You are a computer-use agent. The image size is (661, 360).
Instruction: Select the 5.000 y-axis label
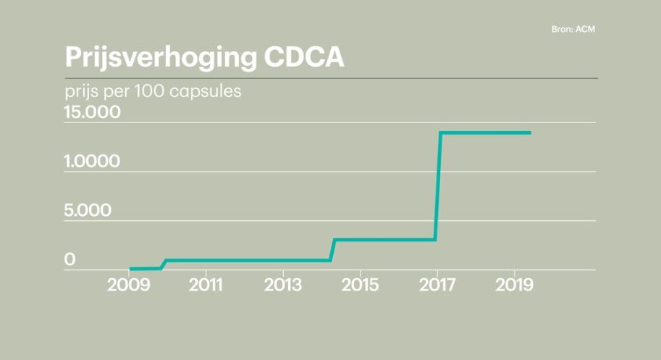tap(88, 211)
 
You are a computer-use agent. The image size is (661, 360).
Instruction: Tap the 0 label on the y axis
tap(70, 259)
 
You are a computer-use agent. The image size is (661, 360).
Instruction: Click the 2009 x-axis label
tap(129, 284)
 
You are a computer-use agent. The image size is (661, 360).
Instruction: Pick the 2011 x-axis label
tap(206, 284)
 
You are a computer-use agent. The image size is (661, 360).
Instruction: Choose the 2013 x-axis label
tap(283, 284)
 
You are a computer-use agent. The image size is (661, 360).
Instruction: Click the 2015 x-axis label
tap(360, 284)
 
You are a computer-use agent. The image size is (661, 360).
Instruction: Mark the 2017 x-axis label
tap(437, 284)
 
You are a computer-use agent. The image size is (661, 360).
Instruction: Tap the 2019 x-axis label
tap(513, 284)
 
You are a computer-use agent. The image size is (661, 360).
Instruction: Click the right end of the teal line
tap(530, 133)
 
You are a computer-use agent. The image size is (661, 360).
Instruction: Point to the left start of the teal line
tap(130, 269)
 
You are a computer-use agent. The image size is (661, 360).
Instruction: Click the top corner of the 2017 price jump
tap(440, 133)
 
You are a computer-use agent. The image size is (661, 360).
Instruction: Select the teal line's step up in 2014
tap(332, 249)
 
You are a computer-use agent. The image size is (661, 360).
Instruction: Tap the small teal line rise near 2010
tap(164, 264)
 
